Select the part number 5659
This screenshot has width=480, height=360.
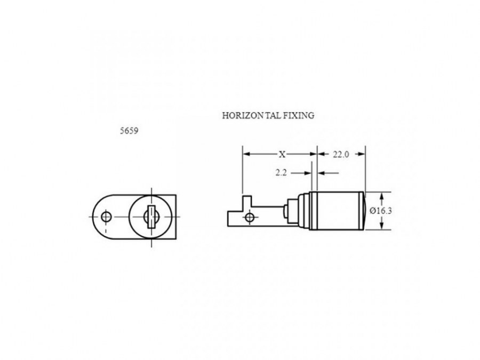(x=129, y=131)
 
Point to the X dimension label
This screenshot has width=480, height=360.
(x=282, y=154)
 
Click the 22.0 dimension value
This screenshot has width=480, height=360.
(x=341, y=154)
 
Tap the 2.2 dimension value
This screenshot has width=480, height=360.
(x=281, y=173)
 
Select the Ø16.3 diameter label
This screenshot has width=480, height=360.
(x=380, y=211)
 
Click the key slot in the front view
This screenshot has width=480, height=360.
(x=151, y=217)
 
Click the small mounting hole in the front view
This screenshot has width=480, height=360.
(x=106, y=217)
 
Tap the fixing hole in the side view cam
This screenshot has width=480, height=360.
(x=250, y=218)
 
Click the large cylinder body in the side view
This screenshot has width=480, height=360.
(x=337, y=211)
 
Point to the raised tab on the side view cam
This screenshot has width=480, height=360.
(x=247, y=201)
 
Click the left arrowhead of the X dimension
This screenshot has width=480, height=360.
(x=246, y=154)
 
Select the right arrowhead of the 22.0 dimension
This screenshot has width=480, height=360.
(x=362, y=154)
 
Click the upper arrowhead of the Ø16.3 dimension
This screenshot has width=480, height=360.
(x=381, y=196)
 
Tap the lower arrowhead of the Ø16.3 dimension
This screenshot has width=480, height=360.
(x=381, y=226)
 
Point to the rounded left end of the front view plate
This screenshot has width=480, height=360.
(x=98, y=217)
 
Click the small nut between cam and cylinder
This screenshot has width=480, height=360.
(x=285, y=212)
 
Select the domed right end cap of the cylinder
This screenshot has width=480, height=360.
(x=365, y=211)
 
